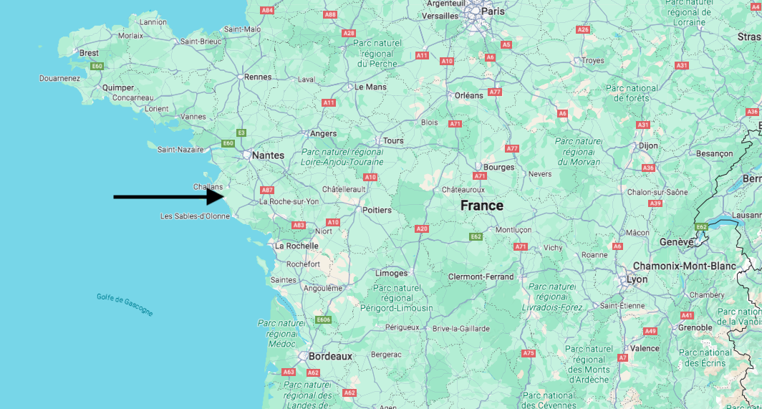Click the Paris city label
[x=492, y=11]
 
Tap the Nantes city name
[x=268, y=155]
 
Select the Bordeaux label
[x=330, y=356]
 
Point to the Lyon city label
[x=637, y=279]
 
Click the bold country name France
[x=481, y=206]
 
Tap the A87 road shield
[x=267, y=190]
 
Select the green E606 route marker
[x=324, y=319]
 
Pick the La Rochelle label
[x=296, y=245]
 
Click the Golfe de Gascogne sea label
[x=125, y=305]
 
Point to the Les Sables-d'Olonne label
[x=195, y=216]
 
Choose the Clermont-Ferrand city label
[x=481, y=276]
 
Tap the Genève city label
[x=677, y=242]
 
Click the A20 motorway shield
[x=422, y=228]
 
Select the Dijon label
[x=648, y=145]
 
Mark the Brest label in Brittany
[x=90, y=53]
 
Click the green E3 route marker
[x=241, y=133]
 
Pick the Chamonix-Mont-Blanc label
[x=684, y=266]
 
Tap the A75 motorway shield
[x=529, y=353]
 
